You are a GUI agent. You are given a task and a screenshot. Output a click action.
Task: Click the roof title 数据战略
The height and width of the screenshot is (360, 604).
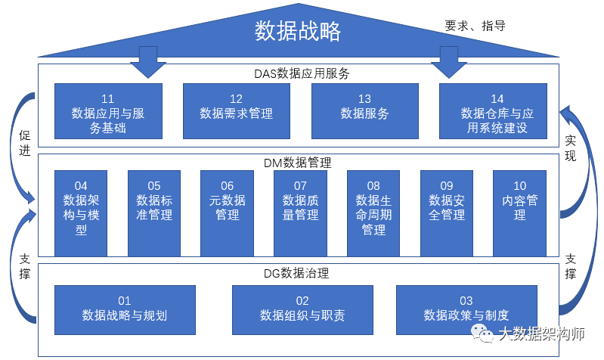(298, 31)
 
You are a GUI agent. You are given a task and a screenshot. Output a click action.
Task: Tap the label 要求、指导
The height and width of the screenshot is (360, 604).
(474, 26)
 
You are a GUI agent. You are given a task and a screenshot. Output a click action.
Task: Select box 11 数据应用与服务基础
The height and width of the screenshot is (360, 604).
(108, 110)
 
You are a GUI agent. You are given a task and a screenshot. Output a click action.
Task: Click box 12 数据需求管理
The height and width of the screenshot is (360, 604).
(237, 110)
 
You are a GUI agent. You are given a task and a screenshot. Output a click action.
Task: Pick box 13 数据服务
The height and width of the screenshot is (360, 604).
(364, 110)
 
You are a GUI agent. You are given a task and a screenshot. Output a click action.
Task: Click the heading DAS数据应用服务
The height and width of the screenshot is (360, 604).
(301, 73)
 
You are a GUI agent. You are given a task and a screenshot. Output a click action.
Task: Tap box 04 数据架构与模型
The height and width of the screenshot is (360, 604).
(81, 213)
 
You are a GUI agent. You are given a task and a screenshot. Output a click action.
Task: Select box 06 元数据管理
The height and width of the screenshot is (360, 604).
(227, 213)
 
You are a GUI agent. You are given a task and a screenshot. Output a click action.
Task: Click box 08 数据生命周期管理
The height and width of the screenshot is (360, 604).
(373, 213)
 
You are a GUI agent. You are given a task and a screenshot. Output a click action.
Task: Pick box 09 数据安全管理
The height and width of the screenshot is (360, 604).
(447, 213)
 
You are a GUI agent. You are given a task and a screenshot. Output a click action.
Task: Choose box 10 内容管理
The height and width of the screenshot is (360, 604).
(519, 213)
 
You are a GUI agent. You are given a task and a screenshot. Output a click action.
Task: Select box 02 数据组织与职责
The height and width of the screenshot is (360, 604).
(302, 309)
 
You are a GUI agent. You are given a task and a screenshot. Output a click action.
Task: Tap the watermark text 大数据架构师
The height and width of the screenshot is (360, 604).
(541, 334)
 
